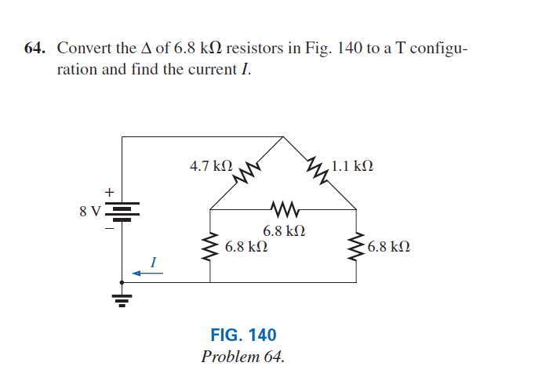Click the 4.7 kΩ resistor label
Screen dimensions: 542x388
pos(211,166)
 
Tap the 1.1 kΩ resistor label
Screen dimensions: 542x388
pos(352,166)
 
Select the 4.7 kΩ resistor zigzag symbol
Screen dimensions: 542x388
pos(247,172)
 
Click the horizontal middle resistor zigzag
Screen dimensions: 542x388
pos(285,209)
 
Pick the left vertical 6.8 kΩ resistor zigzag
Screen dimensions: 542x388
pos(210,246)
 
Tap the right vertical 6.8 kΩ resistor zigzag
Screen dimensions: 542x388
pos(356,246)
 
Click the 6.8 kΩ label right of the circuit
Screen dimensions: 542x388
pos(389,247)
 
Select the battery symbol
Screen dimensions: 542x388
pos(122,212)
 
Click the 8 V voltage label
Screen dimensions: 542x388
pos(90,211)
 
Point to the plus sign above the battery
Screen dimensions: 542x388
pos(110,192)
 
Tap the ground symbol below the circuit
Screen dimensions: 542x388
pos(122,300)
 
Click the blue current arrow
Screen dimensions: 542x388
pos(147,274)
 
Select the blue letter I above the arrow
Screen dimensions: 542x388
pos(154,262)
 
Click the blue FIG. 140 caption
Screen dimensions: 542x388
pos(243,335)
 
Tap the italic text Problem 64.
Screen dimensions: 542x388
pos(243,357)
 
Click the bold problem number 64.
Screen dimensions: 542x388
pos(35,48)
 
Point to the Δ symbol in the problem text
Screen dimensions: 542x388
pos(147,48)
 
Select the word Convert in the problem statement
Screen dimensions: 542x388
pos(85,48)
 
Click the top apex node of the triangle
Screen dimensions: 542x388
pos(283,137)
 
